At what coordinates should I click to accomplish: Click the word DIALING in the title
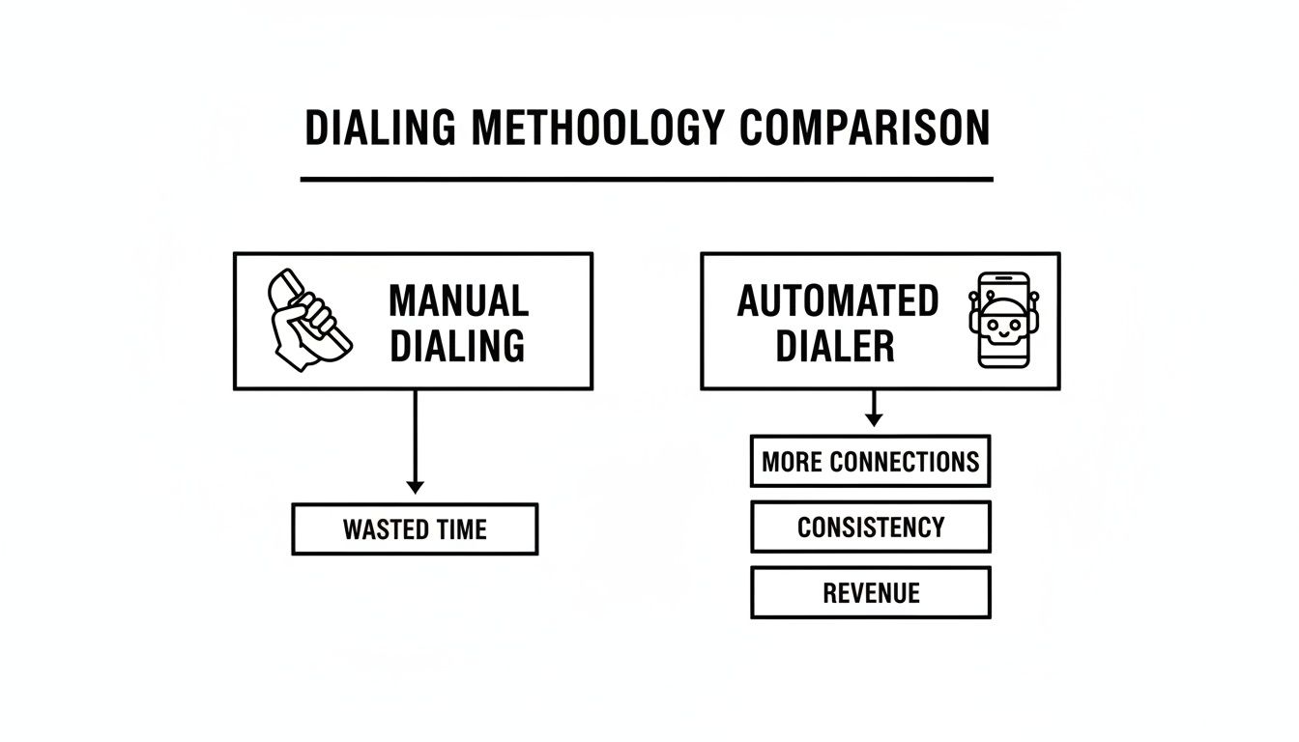(x=380, y=128)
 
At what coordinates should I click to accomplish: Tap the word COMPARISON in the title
(x=865, y=128)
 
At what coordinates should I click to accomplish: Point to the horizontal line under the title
(x=646, y=179)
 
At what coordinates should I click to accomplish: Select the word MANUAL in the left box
(x=458, y=300)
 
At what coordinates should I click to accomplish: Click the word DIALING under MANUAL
(x=457, y=345)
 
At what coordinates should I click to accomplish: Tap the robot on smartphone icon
(x=1002, y=320)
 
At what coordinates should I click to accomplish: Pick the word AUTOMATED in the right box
(x=837, y=300)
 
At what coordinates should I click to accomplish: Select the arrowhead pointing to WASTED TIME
(x=415, y=487)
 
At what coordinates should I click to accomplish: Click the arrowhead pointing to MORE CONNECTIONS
(x=873, y=419)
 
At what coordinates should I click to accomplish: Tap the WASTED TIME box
(x=415, y=529)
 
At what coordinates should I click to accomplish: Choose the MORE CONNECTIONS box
(x=870, y=461)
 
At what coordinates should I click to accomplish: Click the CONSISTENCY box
(x=870, y=527)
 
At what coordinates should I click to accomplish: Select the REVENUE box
(x=870, y=592)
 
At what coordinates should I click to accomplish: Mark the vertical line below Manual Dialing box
(x=415, y=435)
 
